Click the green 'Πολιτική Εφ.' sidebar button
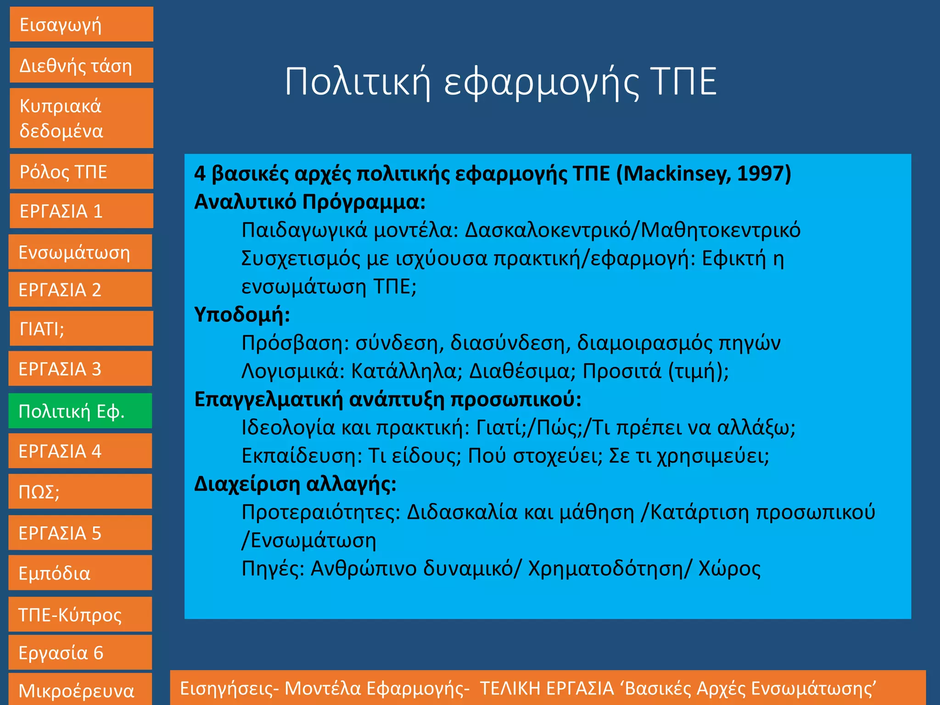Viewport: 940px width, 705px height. (x=80, y=411)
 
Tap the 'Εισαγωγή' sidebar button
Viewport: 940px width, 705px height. (x=81, y=24)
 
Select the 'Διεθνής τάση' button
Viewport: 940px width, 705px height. (x=81, y=66)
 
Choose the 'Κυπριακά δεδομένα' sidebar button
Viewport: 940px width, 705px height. (x=81, y=118)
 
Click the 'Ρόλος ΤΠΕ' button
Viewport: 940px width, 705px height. (x=81, y=172)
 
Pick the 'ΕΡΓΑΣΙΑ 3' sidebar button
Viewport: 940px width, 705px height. (x=80, y=369)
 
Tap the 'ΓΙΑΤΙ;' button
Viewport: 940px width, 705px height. (x=81, y=329)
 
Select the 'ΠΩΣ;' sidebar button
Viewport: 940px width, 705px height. (x=80, y=492)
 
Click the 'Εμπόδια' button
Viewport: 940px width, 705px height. (x=80, y=573)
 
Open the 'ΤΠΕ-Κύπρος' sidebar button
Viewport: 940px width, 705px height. (x=80, y=615)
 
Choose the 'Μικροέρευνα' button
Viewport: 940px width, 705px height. (x=80, y=690)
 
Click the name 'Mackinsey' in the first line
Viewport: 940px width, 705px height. (x=675, y=174)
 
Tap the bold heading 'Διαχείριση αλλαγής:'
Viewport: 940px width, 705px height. (x=295, y=484)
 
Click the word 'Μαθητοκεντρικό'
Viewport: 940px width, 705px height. (x=720, y=230)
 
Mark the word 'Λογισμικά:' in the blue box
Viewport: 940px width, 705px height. (x=293, y=371)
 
